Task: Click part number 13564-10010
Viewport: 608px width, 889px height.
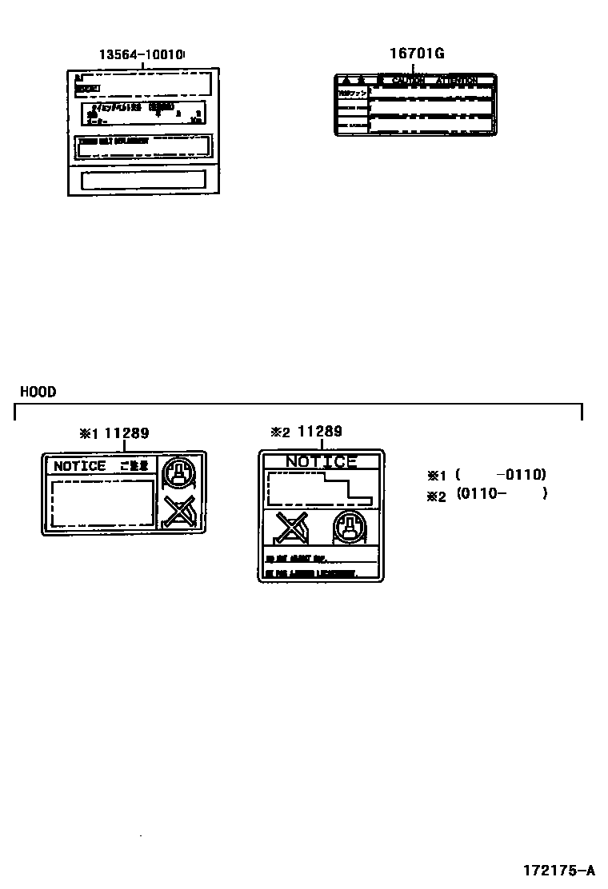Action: (x=142, y=55)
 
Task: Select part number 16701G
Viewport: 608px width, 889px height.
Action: (x=416, y=54)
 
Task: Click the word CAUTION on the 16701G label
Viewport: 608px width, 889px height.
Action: (x=408, y=81)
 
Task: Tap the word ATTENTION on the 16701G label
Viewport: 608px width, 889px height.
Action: (x=457, y=81)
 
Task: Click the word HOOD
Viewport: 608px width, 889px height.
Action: (x=38, y=392)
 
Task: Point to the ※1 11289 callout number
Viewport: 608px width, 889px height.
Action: (x=114, y=433)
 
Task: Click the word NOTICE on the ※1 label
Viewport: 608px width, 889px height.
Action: (x=79, y=466)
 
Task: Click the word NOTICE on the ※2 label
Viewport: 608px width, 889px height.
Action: (x=321, y=461)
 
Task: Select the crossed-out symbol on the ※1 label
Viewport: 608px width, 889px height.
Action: (x=178, y=511)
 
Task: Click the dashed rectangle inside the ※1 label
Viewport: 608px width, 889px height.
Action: (x=102, y=502)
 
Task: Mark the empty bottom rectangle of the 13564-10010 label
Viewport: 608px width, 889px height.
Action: (x=144, y=178)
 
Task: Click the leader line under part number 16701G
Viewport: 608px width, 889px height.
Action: (x=414, y=68)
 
